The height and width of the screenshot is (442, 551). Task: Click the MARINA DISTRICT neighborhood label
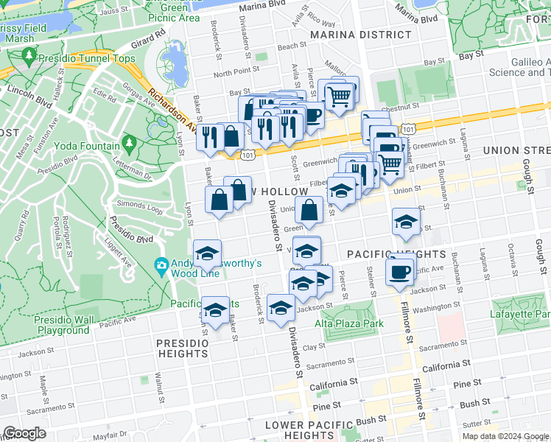coord(360,35)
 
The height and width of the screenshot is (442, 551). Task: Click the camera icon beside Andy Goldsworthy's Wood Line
coord(161,264)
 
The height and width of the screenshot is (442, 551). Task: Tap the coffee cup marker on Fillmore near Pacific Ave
coord(400,272)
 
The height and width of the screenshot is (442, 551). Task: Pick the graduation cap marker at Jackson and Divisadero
coord(280,309)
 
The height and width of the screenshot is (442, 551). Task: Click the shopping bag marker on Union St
coord(311,209)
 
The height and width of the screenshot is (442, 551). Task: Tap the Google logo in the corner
coord(25,433)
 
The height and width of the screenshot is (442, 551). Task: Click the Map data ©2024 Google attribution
coord(505,436)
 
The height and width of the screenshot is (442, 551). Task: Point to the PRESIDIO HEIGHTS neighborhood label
coord(182,348)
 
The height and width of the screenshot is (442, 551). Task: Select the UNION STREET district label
coord(516,150)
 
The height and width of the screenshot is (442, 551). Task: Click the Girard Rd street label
coord(148,36)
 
